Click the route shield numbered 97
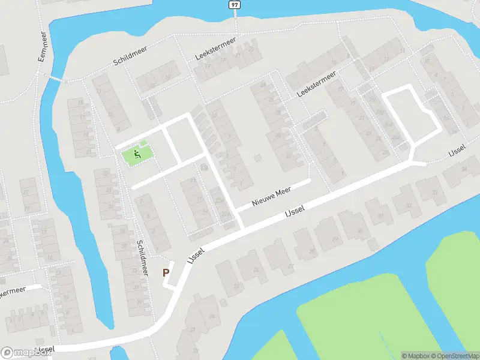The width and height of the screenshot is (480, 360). click(x=233, y=5)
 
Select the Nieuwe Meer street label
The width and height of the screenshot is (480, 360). click(x=272, y=196)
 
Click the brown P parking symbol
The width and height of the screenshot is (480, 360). click(x=166, y=272)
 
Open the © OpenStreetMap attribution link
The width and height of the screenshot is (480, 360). click(x=454, y=356)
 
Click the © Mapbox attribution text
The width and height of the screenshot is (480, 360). click(x=415, y=356)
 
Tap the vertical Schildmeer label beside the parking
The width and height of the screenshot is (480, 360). click(x=143, y=258)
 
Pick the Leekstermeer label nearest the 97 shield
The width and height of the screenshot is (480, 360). click(x=215, y=50)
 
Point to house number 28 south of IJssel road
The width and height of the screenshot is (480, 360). click(x=311, y=251)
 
